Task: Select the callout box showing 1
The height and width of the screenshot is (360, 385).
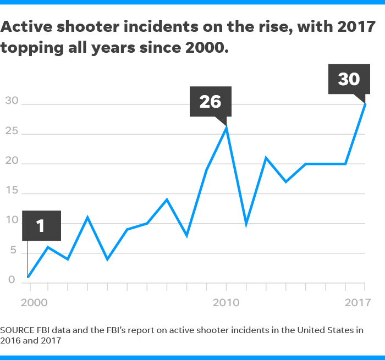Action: click(41, 225)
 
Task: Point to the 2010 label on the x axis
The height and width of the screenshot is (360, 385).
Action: click(226, 302)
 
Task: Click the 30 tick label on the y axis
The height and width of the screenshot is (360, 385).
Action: click(12, 101)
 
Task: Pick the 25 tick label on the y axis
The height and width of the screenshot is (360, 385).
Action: click(12, 132)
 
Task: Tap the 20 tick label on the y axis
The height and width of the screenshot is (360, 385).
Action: click(12, 162)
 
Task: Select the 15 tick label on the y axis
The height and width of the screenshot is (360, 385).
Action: click(12, 192)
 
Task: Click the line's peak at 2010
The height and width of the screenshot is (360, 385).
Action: click(226, 128)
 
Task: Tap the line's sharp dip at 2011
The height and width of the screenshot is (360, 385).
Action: click(246, 223)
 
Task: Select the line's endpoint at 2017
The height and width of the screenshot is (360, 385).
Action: click(365, 104)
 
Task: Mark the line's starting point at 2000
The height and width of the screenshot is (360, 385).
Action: click(28, 276)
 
